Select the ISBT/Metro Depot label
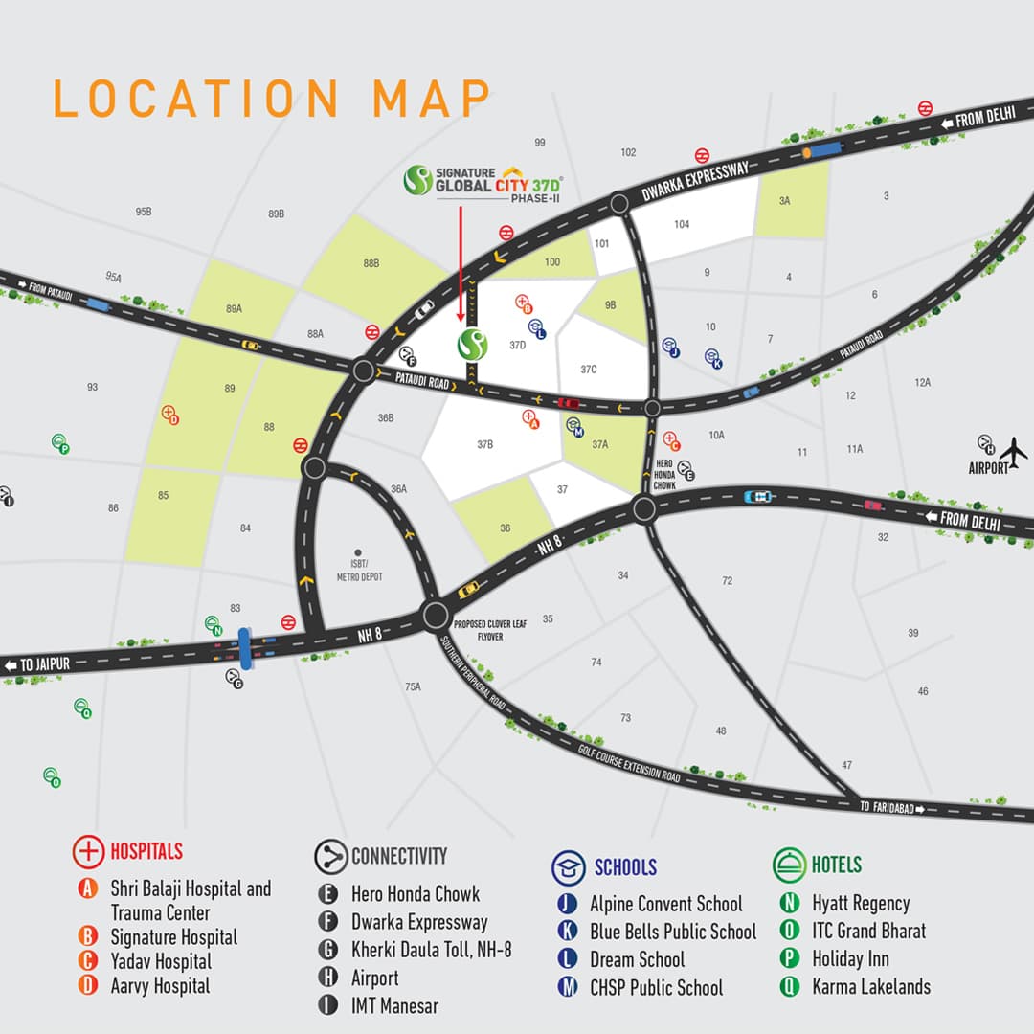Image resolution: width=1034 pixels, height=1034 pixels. pos(359,572)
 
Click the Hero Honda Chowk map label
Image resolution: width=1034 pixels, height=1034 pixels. pos(665,474)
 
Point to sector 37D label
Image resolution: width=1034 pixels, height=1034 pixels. pos(518,345)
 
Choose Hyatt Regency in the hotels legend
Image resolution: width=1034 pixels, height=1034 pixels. pos(861,903)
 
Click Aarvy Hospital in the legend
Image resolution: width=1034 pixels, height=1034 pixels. pos(160,985)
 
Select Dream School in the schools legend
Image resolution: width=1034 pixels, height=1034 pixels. pos(637,959)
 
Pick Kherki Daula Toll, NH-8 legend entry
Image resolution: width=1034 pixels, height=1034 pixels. pos(431,950)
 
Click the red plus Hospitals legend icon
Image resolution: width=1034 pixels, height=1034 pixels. pos(89,851)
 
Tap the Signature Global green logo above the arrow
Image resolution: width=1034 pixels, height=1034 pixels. pos(418,179)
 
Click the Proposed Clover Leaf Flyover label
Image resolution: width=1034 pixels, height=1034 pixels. pos(490,629)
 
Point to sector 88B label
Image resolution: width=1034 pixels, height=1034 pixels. pos(371,262)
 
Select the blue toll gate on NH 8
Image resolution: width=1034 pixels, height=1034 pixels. pos(245,648)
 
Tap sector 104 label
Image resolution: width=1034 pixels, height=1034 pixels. pos(682,224)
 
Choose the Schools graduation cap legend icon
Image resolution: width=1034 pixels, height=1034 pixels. pos(568,866)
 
